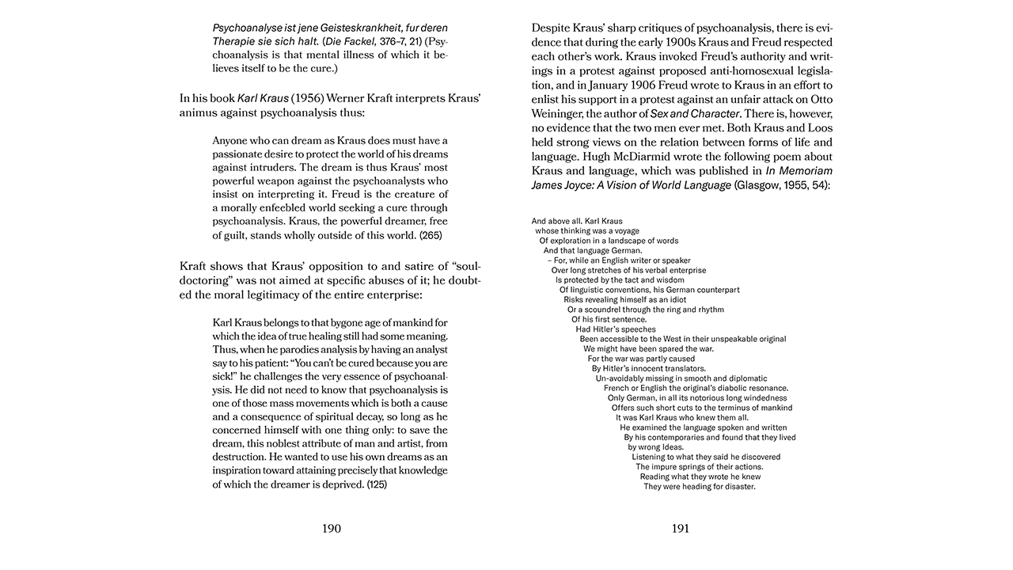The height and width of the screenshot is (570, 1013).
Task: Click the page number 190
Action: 332,529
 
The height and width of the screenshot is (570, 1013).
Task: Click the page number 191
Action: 681,529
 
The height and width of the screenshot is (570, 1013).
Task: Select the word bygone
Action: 317,323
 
